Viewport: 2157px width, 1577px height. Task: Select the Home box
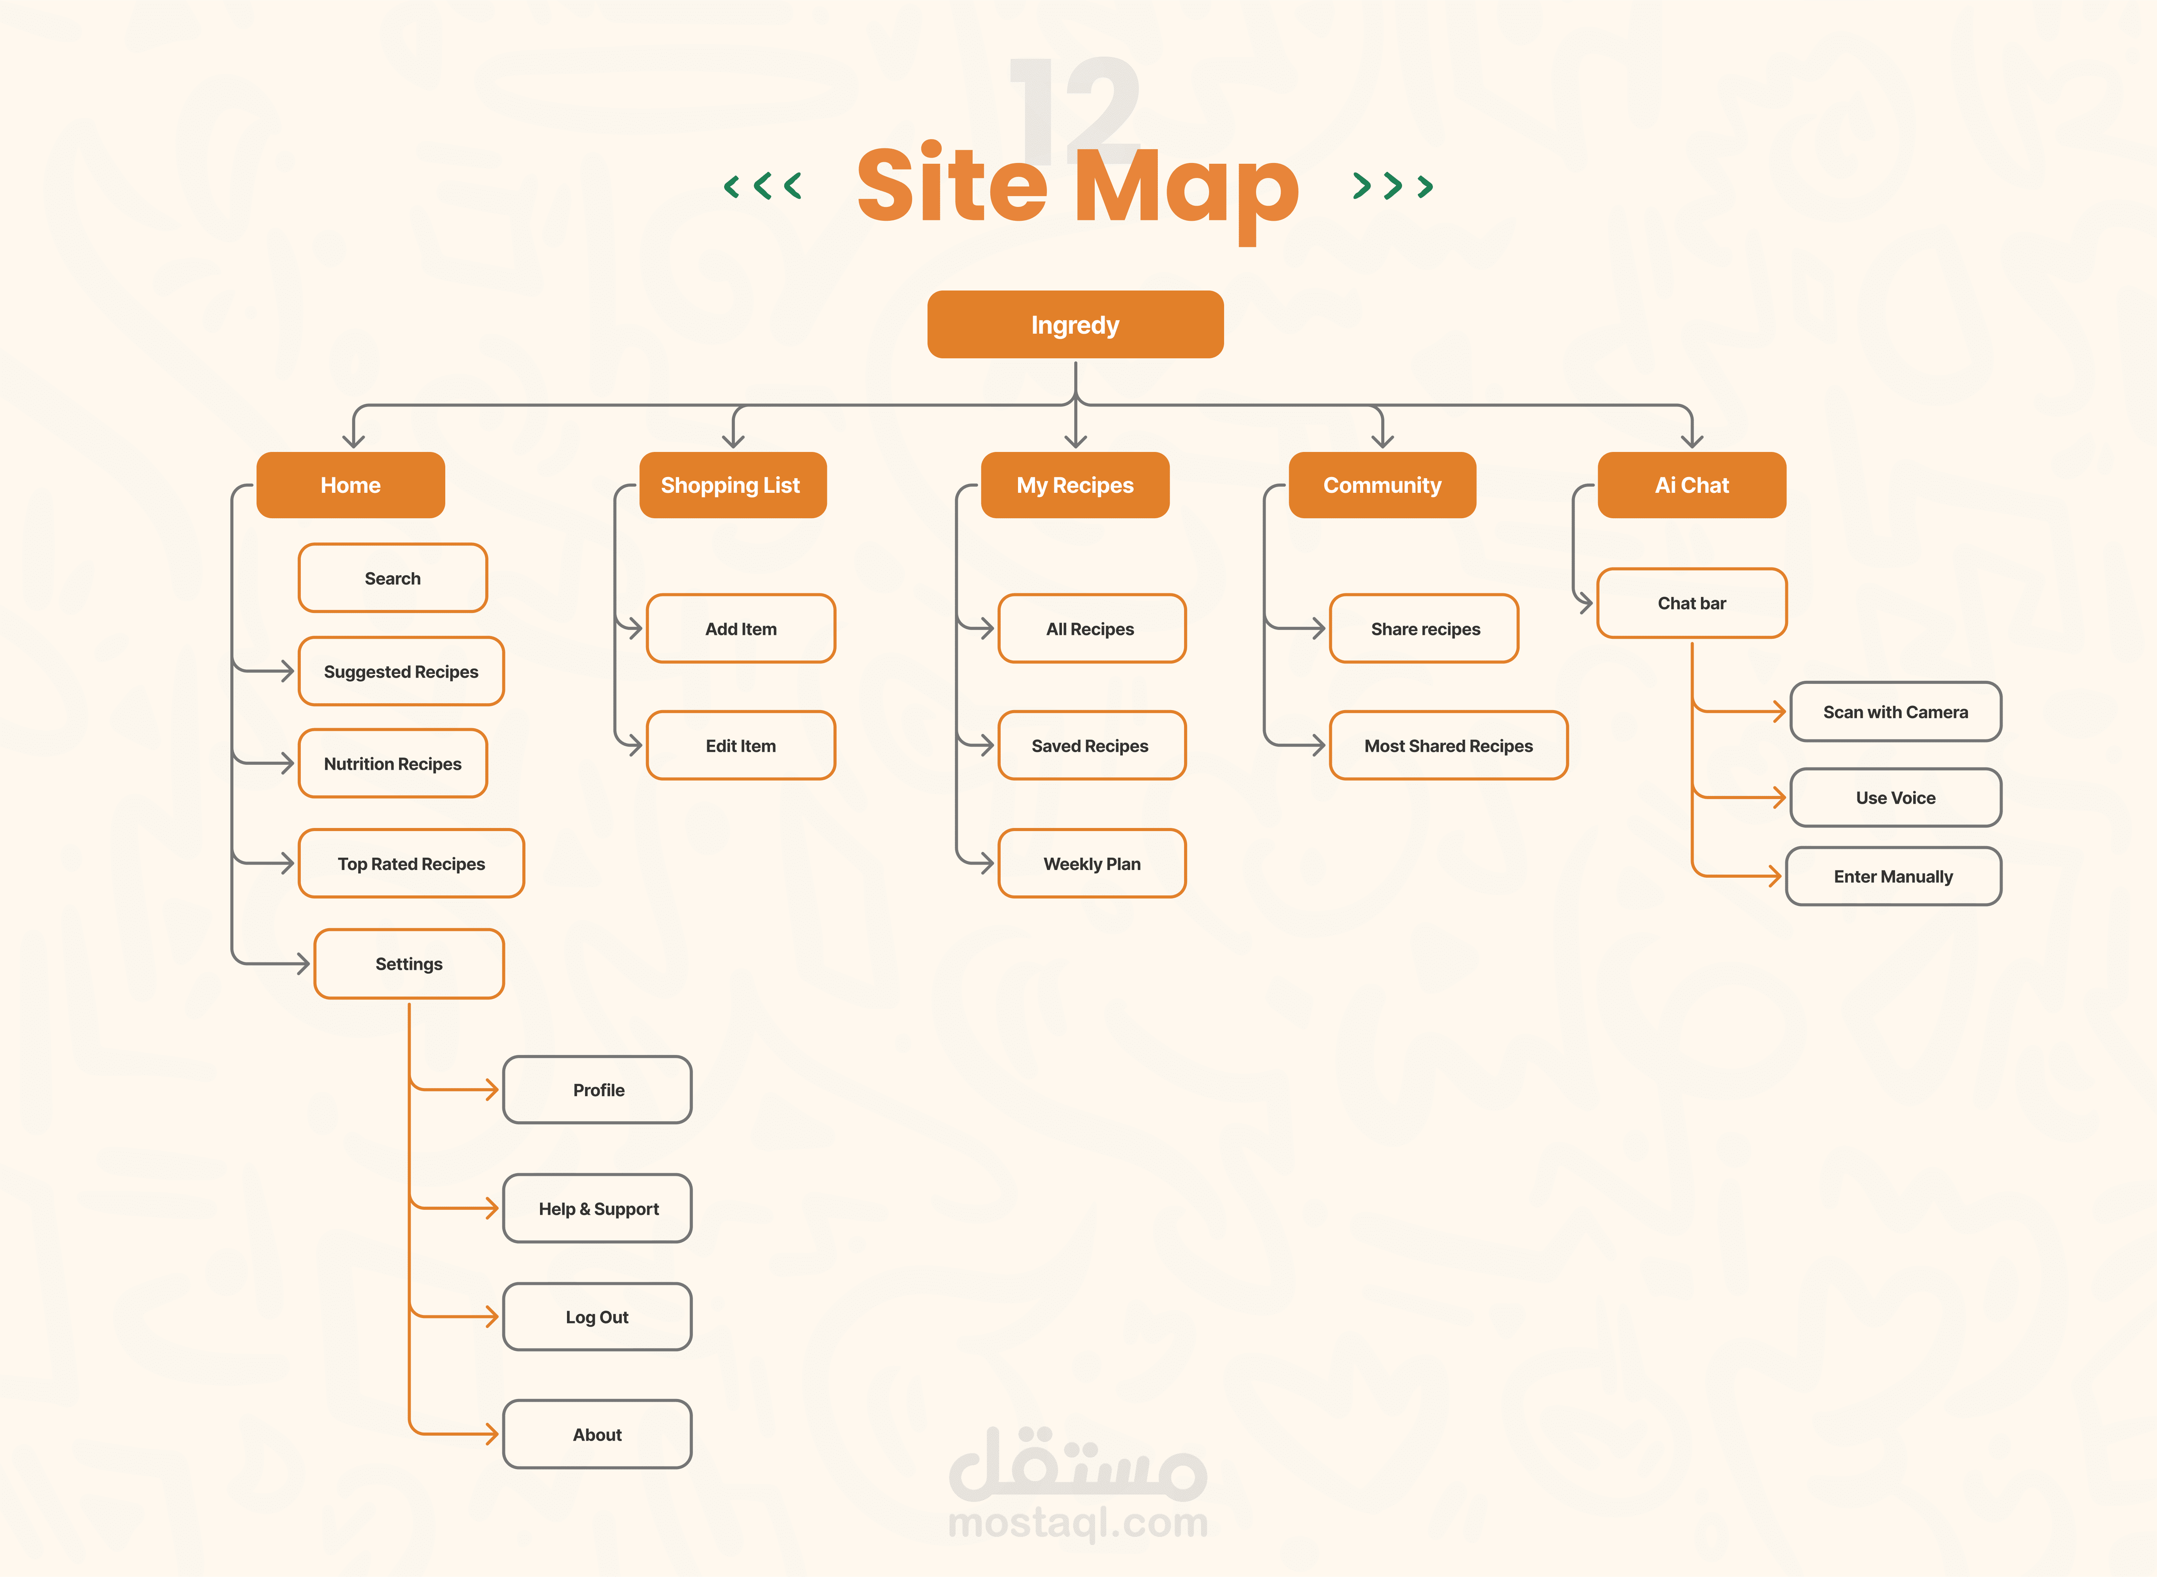click(x=350, y=485)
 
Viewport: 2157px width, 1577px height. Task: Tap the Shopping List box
click(x=732, y=485)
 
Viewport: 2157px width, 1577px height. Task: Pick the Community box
click(x=1382, y=485)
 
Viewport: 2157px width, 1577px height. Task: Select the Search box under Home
click(x=392, y=578)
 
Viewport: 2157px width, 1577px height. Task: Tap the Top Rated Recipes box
click(x=411, y=863)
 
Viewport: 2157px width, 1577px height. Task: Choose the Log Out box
click(x=597, y=1317)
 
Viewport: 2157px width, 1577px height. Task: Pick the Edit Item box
click(x=741, y=746)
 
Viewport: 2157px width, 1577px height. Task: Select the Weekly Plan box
click(x=1092, y=863)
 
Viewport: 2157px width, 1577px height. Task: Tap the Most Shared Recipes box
click(x=1448, y=746)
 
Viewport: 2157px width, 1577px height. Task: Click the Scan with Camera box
click(x=1895, y=711)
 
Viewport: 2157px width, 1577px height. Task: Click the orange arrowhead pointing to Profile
click(x=491, y=1089)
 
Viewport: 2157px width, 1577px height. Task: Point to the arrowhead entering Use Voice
click(x=1779, y=797)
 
